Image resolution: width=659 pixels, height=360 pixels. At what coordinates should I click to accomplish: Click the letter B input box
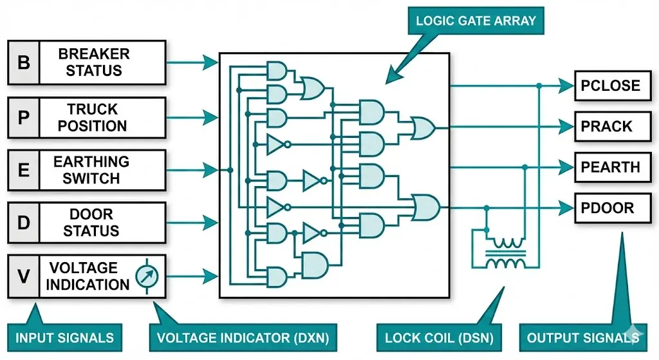[x=23, y=62]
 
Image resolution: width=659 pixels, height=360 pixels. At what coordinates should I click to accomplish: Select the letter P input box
[x=23, y=117]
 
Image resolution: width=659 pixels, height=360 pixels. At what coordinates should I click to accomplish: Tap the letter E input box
[x=23, y=170]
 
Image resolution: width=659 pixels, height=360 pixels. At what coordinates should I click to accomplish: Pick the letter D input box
[x=23, y=223]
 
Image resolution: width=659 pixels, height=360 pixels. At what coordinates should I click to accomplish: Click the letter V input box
[x=23, y=276]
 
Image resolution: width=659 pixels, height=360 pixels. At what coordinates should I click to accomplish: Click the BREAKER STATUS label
[x=94, y=62]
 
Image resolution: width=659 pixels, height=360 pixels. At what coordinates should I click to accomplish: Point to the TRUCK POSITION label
[x=93, y=117]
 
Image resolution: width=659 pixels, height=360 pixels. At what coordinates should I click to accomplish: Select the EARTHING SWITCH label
[x=91, y=170]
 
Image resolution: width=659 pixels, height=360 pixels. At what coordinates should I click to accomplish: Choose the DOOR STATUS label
[x=91, y=223]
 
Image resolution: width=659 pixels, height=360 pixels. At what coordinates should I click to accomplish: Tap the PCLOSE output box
[x=609, y=86]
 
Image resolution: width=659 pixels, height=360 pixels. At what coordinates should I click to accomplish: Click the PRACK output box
[x=609, y=126]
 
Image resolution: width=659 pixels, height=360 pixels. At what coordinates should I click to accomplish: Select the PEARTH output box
[x=609, y=167]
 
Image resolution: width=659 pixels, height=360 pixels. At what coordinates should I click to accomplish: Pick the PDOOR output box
[x=609, y=208]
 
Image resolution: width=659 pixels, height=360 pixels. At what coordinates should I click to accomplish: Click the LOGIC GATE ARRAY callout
[x=476, y=21]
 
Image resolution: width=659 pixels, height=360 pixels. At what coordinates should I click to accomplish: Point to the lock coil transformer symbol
[x=505, y=253]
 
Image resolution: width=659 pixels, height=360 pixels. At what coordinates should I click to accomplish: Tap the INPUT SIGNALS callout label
[x=64, y=337]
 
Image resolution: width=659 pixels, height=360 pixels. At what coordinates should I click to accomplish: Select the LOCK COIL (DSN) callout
[x=438, y=337]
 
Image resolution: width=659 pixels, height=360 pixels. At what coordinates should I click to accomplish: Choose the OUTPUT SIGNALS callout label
[x=582, y=337]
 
